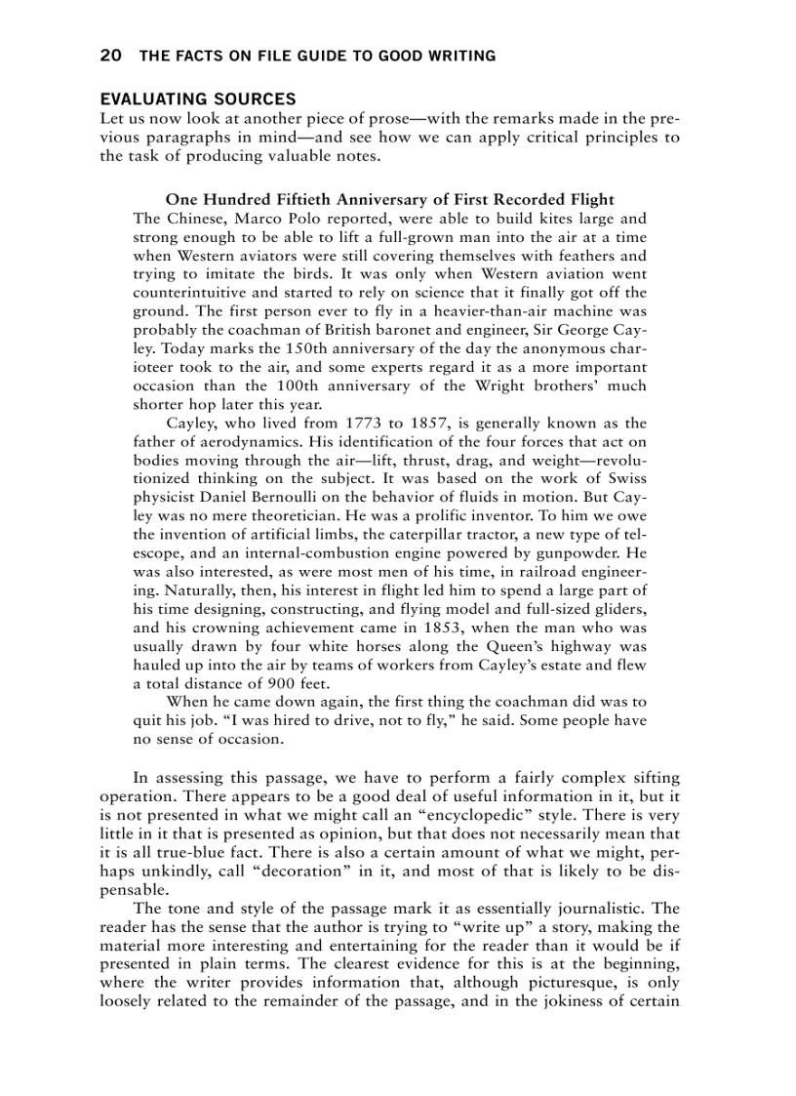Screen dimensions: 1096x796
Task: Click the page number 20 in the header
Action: tap(110, 56)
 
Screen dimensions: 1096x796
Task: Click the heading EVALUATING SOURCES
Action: tap(198, 100)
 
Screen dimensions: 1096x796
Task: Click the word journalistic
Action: tap(574, 908)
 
